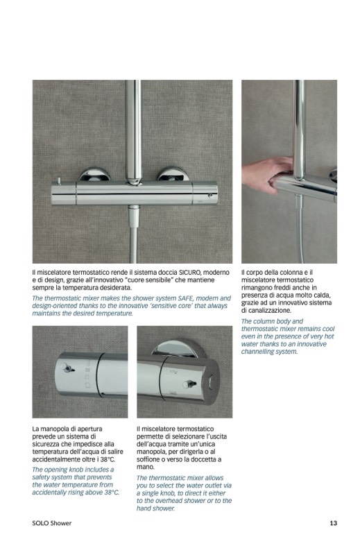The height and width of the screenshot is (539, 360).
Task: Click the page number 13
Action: click(333, 523)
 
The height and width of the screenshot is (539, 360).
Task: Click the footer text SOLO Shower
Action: click(52, 523)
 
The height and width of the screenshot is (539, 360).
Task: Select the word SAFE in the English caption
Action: click(186, 298)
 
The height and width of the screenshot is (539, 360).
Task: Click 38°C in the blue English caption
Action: click(112, 493)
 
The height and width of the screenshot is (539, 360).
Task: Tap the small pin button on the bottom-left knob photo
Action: click(67, 368)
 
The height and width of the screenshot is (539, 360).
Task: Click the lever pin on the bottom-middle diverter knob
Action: click(189, 384)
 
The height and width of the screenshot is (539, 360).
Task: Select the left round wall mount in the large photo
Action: click(94, 174)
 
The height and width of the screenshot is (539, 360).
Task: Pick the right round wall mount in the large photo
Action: click(172, 174)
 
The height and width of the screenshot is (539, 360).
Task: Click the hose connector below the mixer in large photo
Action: click(134, 216)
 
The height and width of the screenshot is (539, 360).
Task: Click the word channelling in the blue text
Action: click(257, 351)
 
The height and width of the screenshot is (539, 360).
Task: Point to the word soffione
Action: click(149, 459)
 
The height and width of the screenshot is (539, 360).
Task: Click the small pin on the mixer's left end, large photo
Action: click(59, 182)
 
